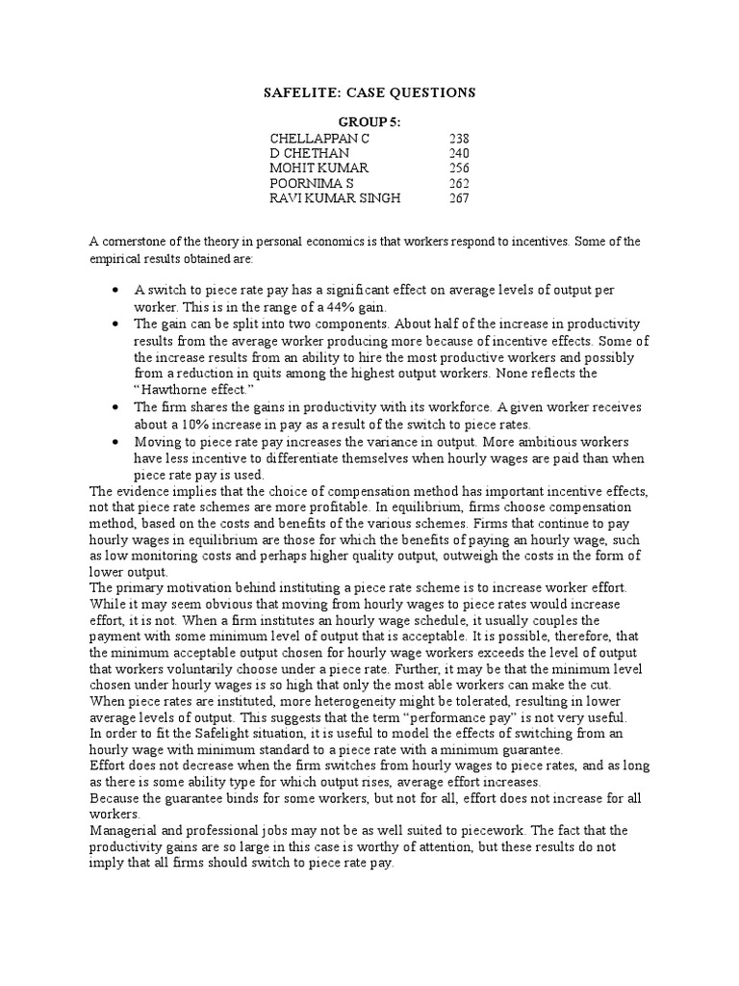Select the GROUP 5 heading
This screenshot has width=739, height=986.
coord(369,122)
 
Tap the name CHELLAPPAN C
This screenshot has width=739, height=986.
coord(319,139)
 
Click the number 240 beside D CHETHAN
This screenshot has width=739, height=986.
coord(459,153)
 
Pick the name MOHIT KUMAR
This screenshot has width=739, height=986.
coord(314,169)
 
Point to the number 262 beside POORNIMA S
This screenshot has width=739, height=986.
coord(459,183)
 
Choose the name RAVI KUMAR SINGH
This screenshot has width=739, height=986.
coord(335,198)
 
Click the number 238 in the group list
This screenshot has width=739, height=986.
coord(459,139)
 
